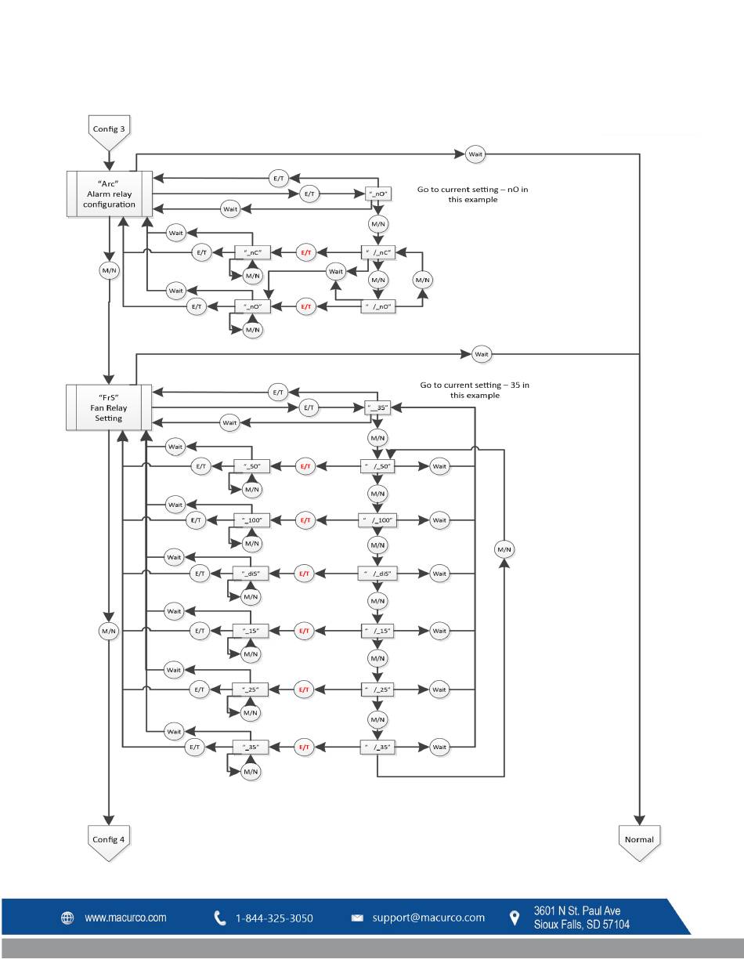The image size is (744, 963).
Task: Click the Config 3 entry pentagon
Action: point(109,132)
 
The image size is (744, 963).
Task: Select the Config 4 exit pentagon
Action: point(109,843)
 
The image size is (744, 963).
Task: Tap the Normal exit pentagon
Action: point(639,843)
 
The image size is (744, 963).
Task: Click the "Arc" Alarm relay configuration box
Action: point(110,194)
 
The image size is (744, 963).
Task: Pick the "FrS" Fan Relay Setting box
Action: point(109,407)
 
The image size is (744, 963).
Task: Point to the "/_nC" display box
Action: point(377,252)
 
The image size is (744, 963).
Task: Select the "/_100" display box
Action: point(377,520)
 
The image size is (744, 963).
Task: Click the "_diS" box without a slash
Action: point(250,574)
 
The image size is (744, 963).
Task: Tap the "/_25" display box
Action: point(377,690)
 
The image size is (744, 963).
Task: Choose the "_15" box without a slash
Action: point(250,631)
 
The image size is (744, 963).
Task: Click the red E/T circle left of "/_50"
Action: point(305,466)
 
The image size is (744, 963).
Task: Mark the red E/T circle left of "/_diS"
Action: point(304,574)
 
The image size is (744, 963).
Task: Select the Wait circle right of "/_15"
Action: point(439,631)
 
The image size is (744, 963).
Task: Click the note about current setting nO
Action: point(472,194)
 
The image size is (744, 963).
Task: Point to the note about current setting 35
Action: point(475,390)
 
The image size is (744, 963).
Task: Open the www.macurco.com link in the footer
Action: point(126,918)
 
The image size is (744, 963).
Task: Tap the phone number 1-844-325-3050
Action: point(274,918)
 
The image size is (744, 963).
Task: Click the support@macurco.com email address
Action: point(428,918)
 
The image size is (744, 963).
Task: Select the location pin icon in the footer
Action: point(515,918)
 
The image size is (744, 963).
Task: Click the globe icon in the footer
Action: point(67,918)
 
